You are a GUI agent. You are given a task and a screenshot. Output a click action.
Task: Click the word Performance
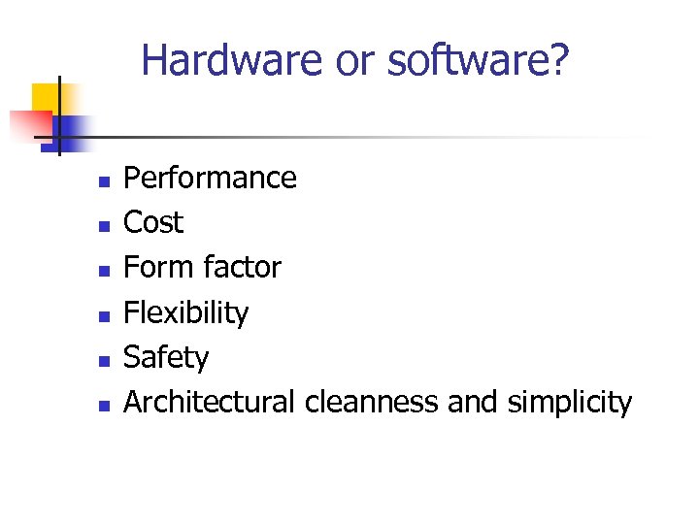[x=210, y=179]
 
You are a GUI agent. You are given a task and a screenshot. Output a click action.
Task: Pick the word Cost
[x=153, y=223]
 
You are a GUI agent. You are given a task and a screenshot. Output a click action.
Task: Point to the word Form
[x=158, y=267]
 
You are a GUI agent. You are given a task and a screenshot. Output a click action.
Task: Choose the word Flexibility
[x=185, y=312]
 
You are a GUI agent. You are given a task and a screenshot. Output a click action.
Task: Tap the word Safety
[x=166, y=357]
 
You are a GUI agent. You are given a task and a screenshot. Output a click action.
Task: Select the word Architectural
[x=210, y=402]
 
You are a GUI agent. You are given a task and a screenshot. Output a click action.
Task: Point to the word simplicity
[x=569, y=402]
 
